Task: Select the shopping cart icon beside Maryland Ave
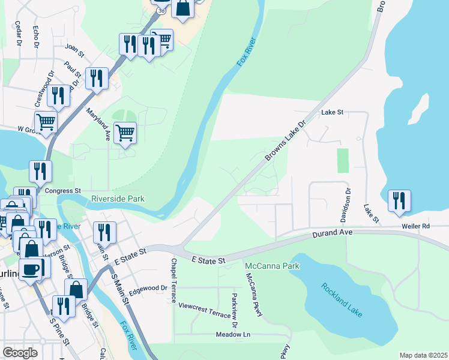click(x=125, y=133)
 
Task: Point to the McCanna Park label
click(x=272, y=265)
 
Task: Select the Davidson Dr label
click(x=347, y=204)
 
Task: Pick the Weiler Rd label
click(x=417, y=226)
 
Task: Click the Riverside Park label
click(x=118, y=199)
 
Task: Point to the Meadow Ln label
click(x=234, y=334)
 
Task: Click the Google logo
click(x=20, y=353)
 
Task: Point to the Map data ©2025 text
click(x=423, y=355)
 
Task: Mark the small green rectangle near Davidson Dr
click(x=343, y=160)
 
